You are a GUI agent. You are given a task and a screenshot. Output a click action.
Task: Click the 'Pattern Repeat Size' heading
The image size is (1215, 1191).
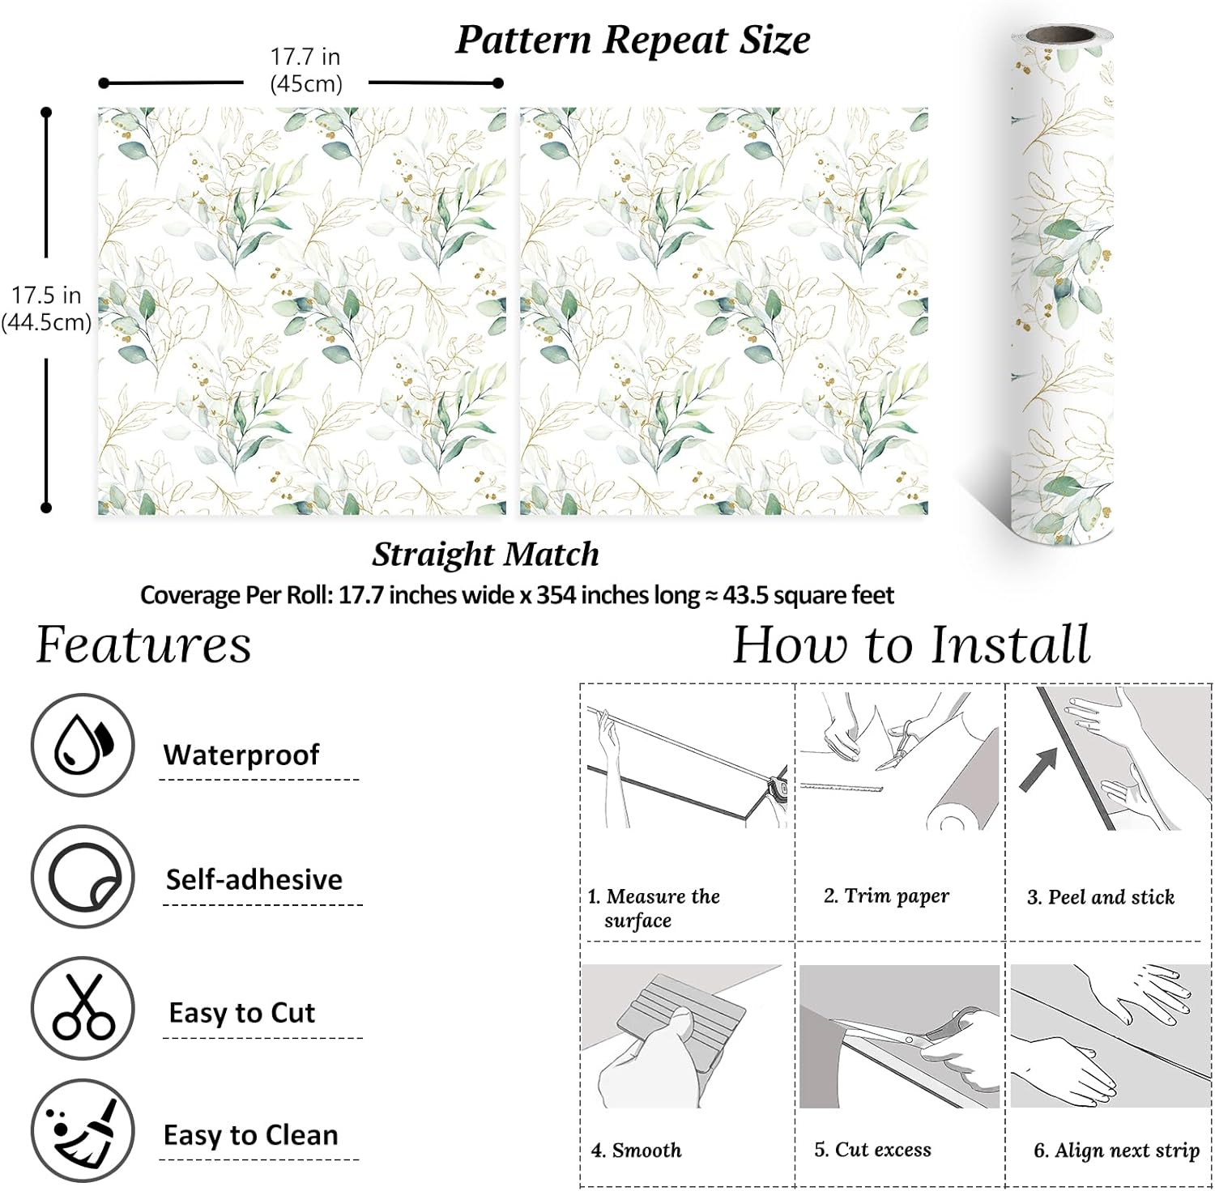pyautogui.click(x=633, y=40)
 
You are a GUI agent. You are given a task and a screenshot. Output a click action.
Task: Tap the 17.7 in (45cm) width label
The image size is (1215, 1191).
pyautogui.click(x=305, y=70)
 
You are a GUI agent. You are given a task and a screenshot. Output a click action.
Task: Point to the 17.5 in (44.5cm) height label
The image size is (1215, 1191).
pyautogui.click(x=46, y=308)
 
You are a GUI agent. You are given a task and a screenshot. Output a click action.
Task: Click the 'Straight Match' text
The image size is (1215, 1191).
pyautogui.click(x=485, y=555)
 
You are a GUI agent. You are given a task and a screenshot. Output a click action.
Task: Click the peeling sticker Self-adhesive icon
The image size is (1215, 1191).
pyautogui.click(x=82, y=878)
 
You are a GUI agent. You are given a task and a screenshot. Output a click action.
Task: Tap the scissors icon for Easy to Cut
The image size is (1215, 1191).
pyautogui.click(x=82, y=1008)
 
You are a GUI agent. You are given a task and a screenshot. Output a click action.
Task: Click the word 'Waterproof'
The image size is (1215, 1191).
pyautogui.click(x=241, y=755)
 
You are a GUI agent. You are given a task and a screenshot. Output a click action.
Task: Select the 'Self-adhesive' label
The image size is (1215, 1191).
pyautogui.click(x=254, y=879)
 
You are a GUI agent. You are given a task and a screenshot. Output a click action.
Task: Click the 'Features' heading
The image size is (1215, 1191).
pyautogui.click(x=143, y=645)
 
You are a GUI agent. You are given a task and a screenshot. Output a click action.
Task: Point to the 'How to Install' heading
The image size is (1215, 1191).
pyautogui.click(x=911, y=645)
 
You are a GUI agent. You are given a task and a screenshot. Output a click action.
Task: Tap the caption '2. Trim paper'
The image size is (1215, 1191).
pyautogui.click(x=886, y=895)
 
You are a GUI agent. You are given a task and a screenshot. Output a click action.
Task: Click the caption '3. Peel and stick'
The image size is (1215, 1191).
pyautogui.click(x=1100, y=897)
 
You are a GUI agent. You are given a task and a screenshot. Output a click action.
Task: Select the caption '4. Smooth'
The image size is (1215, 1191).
pyautogui.click(x=636, y=1150)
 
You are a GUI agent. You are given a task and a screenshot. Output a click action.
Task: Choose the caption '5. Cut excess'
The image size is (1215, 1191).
pyautogui.click(x=872, y=1150)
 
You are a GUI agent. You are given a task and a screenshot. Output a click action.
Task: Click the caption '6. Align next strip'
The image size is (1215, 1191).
pyautogui.click(x=1116, y=1151)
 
